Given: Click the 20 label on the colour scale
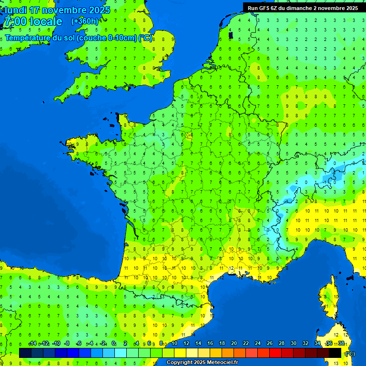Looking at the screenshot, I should point(234,343).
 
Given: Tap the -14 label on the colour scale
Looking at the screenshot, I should point(32,343).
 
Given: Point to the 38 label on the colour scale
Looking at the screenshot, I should point(341,343).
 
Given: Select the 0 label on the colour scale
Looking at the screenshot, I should point(113,343).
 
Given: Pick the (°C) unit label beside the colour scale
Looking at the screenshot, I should point(350,354).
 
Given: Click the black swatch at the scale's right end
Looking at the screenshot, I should point(335,353).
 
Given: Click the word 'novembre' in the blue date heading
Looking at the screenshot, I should point(64,10).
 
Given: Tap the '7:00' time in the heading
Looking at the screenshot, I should point(14,21).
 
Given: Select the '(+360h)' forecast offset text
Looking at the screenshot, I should point(85,21).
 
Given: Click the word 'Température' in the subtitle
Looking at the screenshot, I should point(28,38).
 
